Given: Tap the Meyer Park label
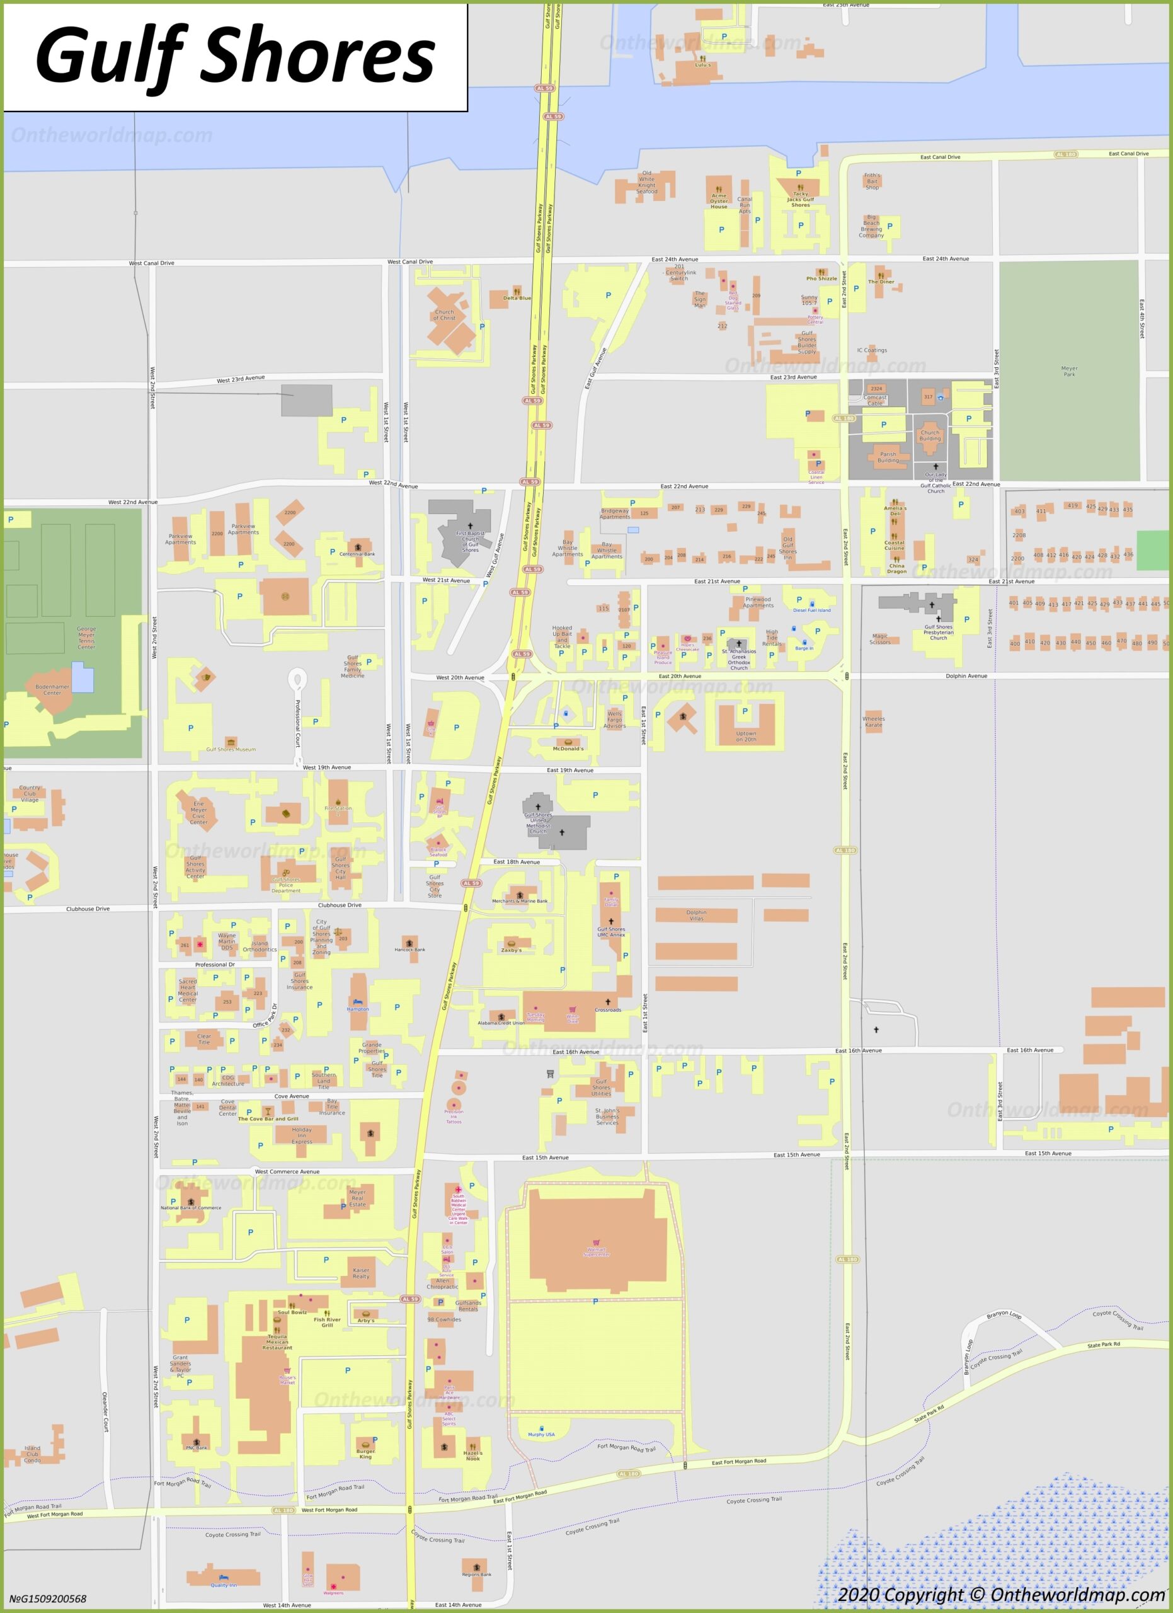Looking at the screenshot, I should (1068, 370).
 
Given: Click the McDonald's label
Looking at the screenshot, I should (568, 748).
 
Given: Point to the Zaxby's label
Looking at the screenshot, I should (511, 950).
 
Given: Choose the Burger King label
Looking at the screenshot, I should (365, 1454).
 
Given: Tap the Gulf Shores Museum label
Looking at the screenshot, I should (231, 749).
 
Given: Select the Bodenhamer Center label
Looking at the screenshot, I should (53, 689).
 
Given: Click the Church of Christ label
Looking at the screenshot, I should (444, 314).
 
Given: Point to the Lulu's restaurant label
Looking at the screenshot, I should (702, 65).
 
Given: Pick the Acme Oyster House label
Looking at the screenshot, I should (719, 200).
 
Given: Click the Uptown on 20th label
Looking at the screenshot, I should (746, 736).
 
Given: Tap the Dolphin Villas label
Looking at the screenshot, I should (696, 915).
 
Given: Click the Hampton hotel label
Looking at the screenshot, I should (358, 1009).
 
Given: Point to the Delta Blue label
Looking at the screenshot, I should (517, 298).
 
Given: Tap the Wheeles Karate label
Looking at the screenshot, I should (873, 721).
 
